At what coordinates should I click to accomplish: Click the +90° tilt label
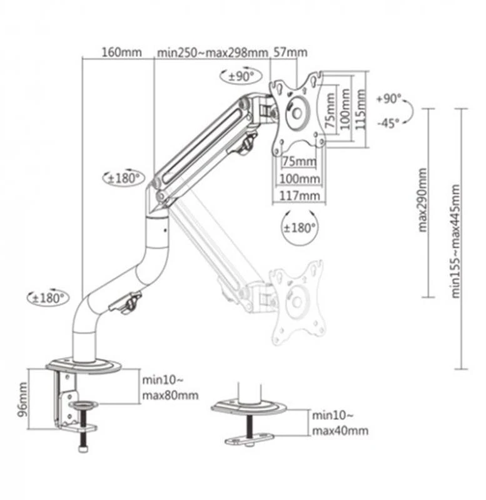pyautogui.click(x=388, y=99)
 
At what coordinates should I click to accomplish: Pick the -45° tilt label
pyautogui.click(x=388, y=123)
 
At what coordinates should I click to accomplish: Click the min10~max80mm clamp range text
pyautogui.click(x=170, y=387)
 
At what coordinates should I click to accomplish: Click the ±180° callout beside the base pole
pyautogui.click(x=48, y=298)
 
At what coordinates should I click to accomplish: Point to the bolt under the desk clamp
pyautogui.click(x=84, y=446)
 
